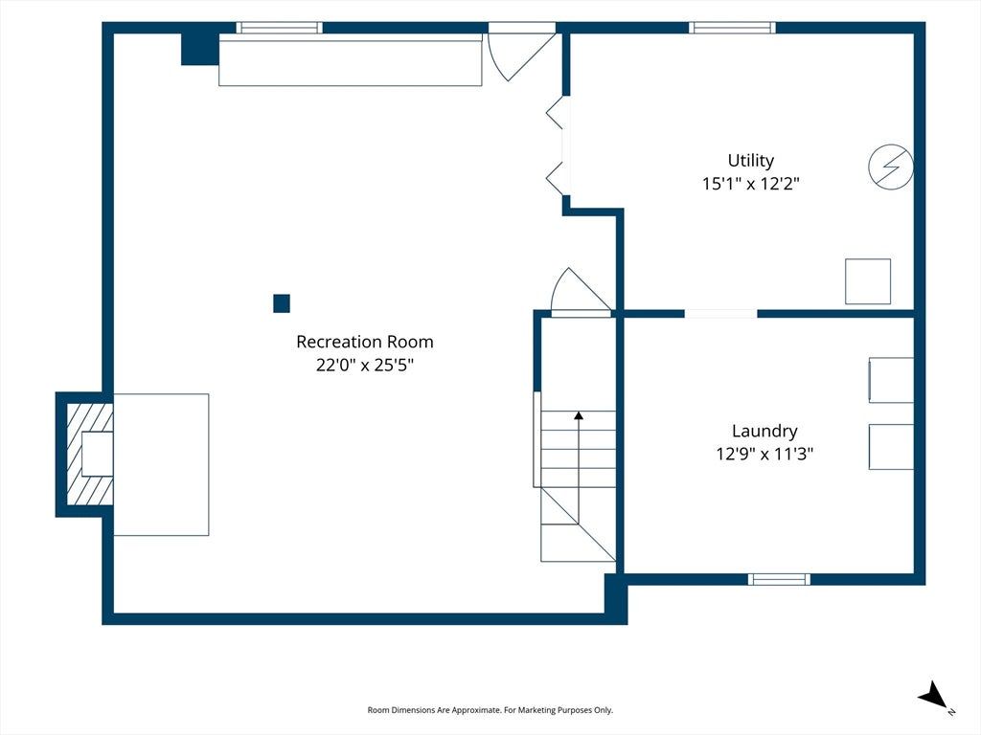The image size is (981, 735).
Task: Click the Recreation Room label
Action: coord(365,342)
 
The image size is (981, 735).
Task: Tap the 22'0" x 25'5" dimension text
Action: coord(365,365)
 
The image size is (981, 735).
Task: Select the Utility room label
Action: coord(751,161)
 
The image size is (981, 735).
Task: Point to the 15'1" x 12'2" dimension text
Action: coord(751,184)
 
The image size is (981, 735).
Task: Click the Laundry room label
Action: coord(764,432)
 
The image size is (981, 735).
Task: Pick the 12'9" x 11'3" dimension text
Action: coord(764,454)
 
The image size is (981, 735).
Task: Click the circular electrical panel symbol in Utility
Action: coord(891,167)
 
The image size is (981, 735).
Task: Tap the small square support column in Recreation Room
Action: coord(282,303)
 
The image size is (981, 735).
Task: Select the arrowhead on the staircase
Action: coord(579,415)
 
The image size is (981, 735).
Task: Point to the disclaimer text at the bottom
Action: coord(490,710)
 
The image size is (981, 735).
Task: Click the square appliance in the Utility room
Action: coord(868,281)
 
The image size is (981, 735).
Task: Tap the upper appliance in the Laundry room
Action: coord(891,380)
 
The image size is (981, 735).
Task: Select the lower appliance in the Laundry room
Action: coord(891,447)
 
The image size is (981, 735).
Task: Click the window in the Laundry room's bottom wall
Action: coord(779,579)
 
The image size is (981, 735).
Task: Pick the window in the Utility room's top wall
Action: coord(732,28)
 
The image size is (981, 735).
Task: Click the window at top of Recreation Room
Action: coord(279,28)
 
